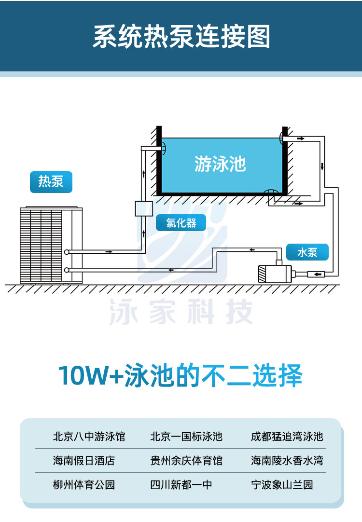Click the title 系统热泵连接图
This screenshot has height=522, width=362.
click(181, 37)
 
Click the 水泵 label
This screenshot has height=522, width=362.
click(307, 252)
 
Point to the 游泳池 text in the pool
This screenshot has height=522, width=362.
click(220, 164)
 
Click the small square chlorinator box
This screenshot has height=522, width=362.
click(144, 209)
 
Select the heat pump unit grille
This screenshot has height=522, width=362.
click(46, 245)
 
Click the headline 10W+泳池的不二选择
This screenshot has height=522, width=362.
click(181, 375)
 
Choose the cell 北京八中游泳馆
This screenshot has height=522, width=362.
click(89, 437)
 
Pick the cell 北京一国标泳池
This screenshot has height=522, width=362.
click(186, 437)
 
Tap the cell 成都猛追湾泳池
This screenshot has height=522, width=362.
click(287, 437)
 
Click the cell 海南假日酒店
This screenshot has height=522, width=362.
click(84, 461)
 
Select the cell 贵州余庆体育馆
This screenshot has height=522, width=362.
click(186, 461)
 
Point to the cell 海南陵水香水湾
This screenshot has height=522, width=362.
click(287, 461)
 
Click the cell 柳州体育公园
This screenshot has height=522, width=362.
click(84, 484)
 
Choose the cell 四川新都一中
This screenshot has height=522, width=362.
click(181, 484)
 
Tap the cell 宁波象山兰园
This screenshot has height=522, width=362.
click(282, 484)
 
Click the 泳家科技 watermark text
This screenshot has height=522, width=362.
click(181, 312)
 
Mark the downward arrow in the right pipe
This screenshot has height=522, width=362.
click(322, 167)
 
